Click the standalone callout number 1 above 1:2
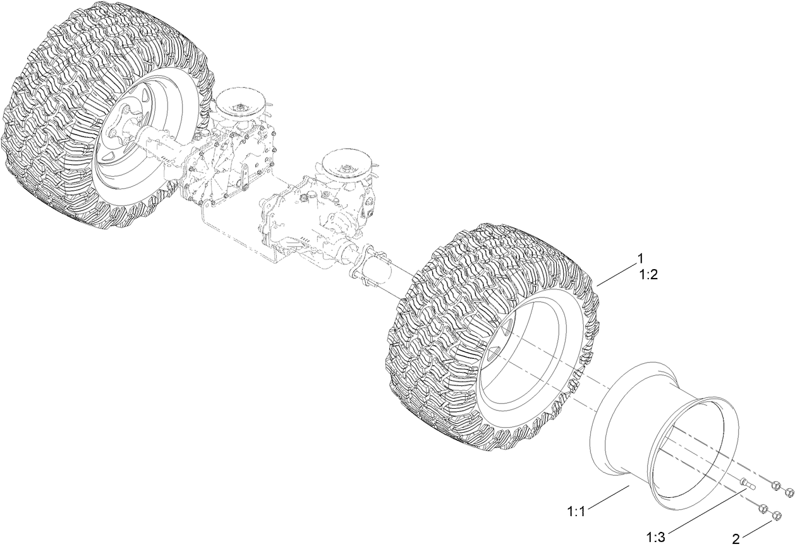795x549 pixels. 640,258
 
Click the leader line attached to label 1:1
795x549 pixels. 607,497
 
